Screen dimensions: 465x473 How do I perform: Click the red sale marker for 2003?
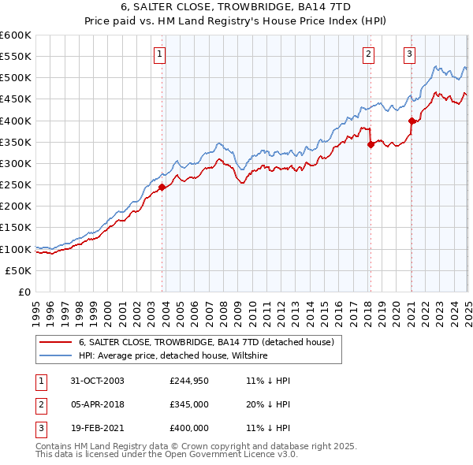(162, 187)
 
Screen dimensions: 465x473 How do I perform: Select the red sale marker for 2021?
(412, 121)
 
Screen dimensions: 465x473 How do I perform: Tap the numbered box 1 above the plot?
(160, 54)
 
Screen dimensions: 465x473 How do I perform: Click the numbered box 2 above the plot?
(368, 54)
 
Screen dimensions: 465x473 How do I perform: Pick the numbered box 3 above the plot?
(410, 54)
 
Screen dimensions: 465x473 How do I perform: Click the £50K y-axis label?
(19, 270)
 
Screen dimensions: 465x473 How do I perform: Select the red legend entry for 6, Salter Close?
(207, 342)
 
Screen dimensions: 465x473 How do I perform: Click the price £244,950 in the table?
(188, 381)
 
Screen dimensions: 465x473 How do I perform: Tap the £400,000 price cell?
(188, 428)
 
